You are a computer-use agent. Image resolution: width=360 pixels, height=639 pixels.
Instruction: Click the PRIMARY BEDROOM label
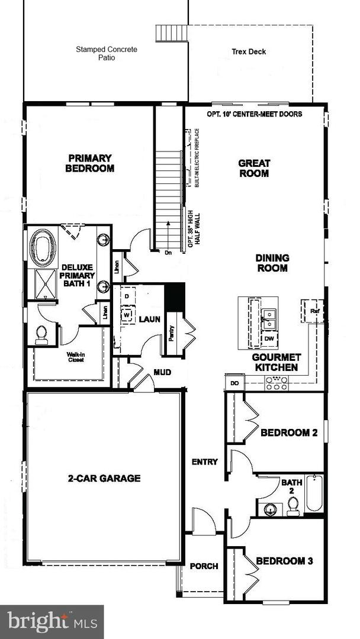(90, 163)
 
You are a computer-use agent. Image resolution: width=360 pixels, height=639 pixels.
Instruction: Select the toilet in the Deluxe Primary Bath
(41, 335)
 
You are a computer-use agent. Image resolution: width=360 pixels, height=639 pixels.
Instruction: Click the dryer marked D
(126, 295)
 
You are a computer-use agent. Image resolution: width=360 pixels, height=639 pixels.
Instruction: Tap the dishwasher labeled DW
(269, 338)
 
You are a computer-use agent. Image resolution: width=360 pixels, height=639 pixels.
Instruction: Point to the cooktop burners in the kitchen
(277, 383)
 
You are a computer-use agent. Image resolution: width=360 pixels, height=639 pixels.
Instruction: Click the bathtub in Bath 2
(314, 493)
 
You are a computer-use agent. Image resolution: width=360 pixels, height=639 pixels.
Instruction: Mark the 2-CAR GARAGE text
(104, 478)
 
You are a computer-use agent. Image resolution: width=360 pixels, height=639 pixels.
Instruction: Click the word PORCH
(204, 566)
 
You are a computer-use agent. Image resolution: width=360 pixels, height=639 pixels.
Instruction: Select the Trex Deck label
(249, 52)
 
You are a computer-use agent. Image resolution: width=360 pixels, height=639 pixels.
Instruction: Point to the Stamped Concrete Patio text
(107, 54)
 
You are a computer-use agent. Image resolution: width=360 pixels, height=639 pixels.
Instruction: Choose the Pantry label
(171, 334)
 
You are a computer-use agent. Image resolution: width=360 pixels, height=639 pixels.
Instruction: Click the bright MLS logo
(52, 622)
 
